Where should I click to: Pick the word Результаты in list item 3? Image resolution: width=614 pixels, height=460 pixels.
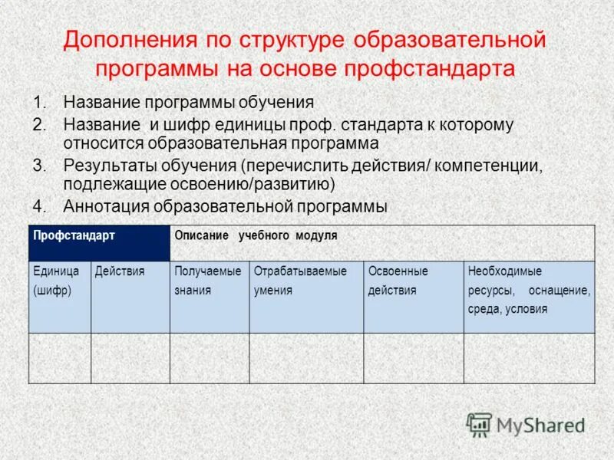(109, 166)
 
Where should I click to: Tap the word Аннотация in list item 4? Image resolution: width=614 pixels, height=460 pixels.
(106, 206)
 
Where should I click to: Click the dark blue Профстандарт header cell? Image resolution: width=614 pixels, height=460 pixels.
(99, 243)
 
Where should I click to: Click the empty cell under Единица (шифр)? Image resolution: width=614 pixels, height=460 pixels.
(60, 357)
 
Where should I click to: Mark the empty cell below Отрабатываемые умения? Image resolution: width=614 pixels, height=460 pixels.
(305, 357)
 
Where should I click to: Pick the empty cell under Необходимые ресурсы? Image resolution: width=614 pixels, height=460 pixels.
(528, 357)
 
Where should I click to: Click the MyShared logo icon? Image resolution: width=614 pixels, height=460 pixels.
(480, 424)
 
